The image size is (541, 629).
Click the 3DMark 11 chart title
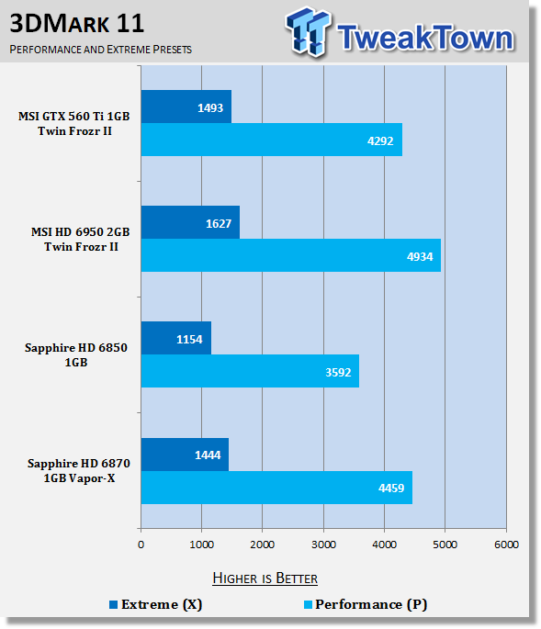click(76, 23)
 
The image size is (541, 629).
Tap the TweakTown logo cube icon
click(309, 31)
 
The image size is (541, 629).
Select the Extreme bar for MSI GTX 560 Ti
click(186, 107)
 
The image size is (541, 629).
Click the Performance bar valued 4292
click(272, 140)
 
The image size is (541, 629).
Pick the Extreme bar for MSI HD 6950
click(190, 222)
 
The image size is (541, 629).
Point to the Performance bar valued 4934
click(291, 255)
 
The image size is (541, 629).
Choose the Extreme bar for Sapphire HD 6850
click(176, 338)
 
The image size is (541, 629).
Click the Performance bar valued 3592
click(250, 371)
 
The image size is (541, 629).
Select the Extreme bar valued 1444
click(185, 455)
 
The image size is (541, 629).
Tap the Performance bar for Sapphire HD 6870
click(276, 488)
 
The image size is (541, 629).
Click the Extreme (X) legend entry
click(156, 604)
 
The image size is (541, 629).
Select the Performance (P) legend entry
click(366, 604)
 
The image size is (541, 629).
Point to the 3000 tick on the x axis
click(323, 545)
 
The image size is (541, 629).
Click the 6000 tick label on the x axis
click(506, 545)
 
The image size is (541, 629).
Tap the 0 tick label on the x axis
click(141, 545)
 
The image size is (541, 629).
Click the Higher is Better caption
click(265, 578)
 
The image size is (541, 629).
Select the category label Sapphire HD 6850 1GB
click(76, 354)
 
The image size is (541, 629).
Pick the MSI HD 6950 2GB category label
click(81, 239)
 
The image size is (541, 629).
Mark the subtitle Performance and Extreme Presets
click(101, 50)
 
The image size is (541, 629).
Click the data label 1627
click(219, 223)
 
